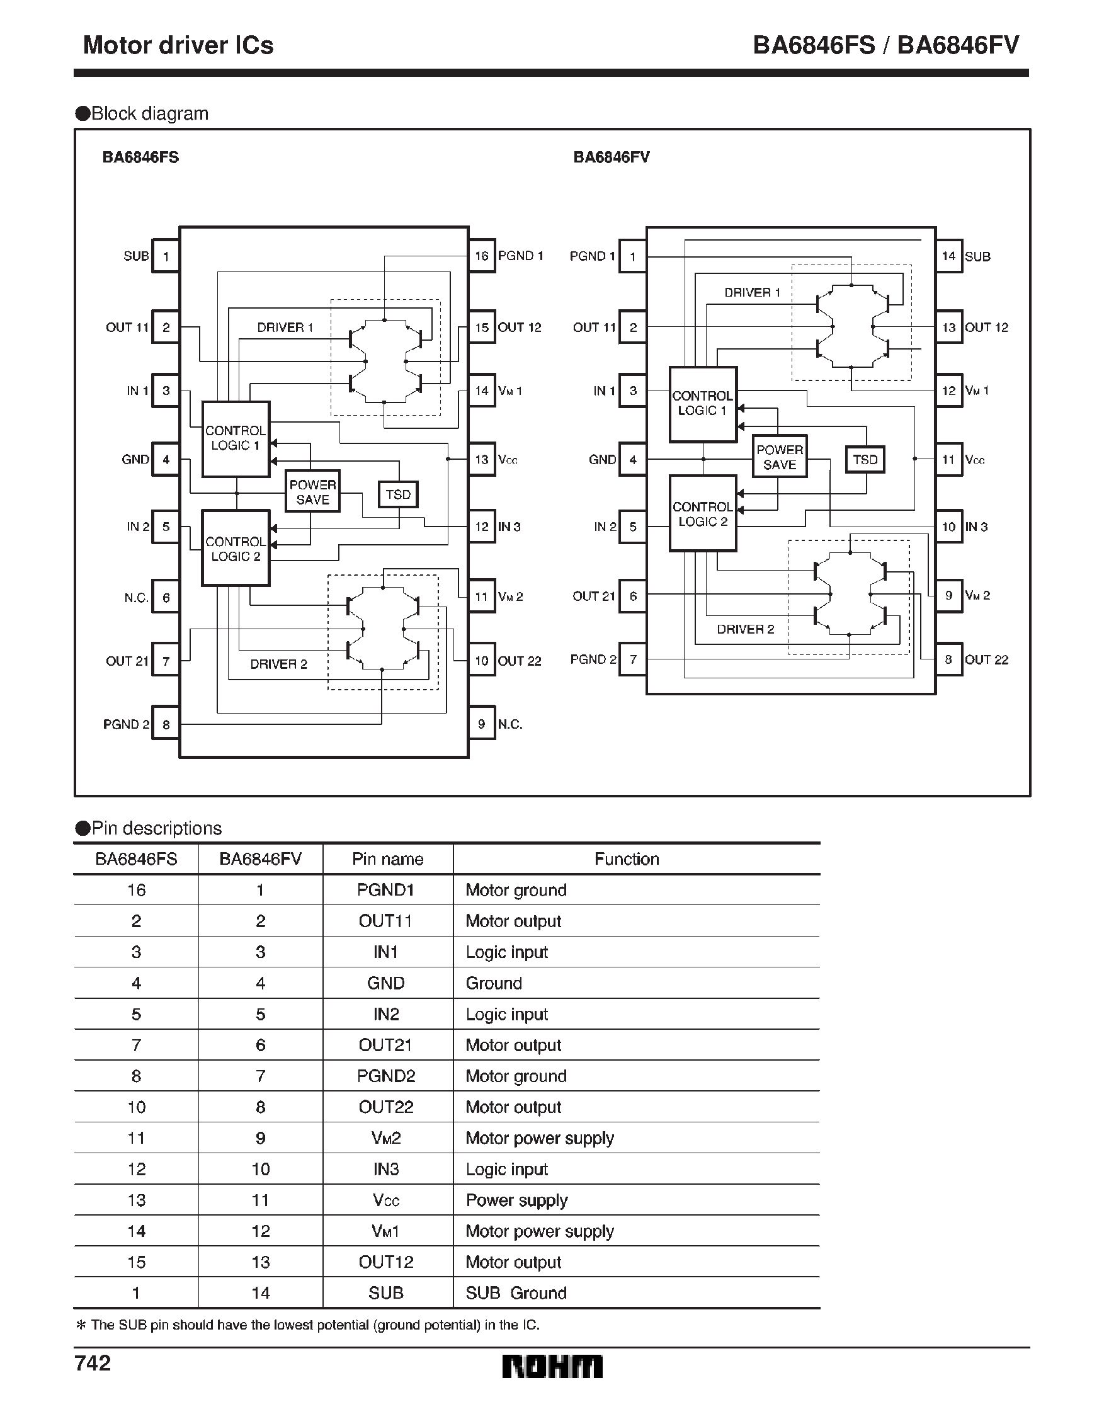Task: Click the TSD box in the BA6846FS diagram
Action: (397, 494)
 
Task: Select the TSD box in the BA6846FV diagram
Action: (865, 459)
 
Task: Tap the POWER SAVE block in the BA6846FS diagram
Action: (312, 492)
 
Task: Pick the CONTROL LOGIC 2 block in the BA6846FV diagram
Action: (702, 513)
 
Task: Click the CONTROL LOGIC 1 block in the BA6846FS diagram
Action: (236, 438)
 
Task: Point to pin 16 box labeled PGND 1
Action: (482, 256)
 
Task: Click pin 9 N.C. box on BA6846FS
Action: (482, 724)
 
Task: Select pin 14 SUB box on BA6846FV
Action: (948, 256)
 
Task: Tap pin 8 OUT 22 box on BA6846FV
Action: (948, 659)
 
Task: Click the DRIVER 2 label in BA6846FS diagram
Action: (278, 664)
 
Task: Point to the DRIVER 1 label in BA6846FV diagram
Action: (752, 292)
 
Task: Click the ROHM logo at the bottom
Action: (552, 1366)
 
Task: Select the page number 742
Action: (93, 1363)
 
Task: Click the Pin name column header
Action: (387, 859)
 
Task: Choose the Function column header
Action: (627, 859)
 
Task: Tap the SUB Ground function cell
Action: (516, 1293)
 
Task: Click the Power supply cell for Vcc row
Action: (516, 1200)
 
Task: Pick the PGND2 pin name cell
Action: (386, 1076)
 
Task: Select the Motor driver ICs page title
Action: (178, 45)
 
